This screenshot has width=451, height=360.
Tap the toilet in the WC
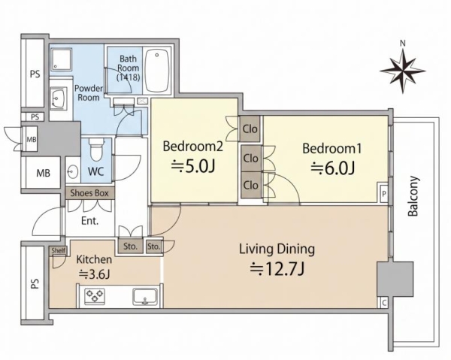(95, 150)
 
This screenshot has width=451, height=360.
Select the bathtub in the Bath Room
(157, 71)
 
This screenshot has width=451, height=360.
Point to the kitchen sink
(144, 296)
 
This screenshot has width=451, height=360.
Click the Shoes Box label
(89, 193)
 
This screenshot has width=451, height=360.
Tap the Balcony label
(413, 196)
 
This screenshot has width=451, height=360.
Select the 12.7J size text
(277, 269)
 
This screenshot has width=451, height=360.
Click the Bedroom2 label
(192, 147)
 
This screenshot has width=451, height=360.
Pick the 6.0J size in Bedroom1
(332, 168)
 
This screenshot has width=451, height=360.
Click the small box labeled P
(383, 193)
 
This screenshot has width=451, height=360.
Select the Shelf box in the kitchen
(58, 250)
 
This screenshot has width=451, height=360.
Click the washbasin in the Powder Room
(59, 98)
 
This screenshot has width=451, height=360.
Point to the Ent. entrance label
(89, 221)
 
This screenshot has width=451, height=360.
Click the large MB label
(43, 173)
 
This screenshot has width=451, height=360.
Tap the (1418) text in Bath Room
(129, 77)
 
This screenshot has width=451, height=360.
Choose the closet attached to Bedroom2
(250, 129)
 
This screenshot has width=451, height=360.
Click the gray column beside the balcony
(395, 279)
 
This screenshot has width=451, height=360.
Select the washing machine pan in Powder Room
(62, 59)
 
